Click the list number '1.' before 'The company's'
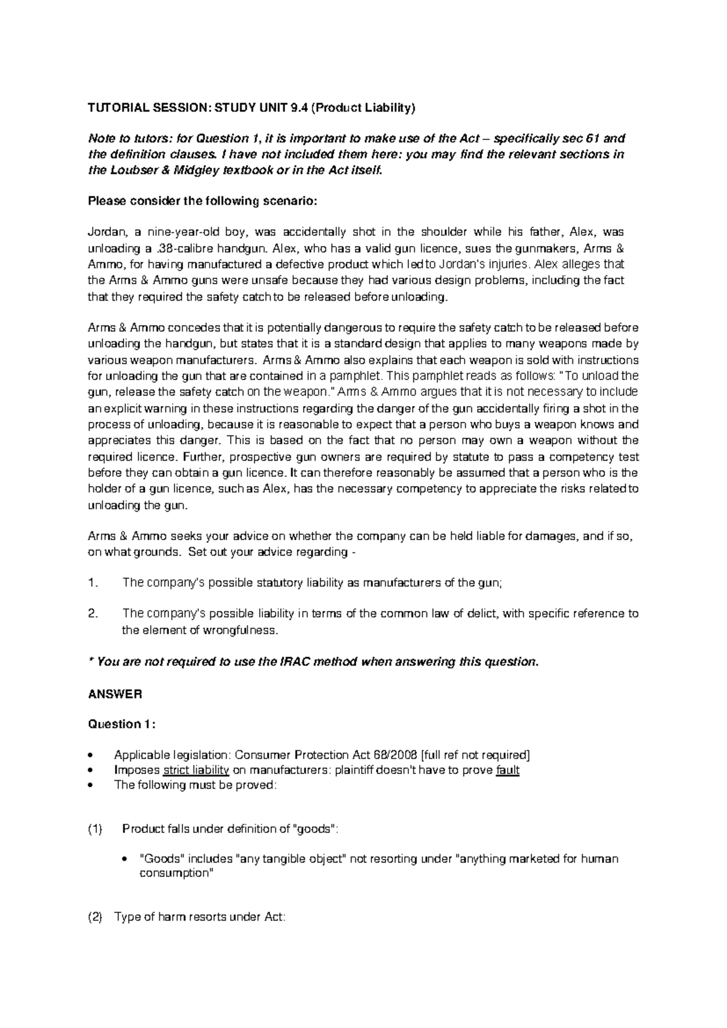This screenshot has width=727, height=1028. [x=93, y=583]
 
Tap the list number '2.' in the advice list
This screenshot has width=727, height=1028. [x=93, y=613]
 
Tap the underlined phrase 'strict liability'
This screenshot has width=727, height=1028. [x=196, y=770]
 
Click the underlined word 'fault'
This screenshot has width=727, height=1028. [x=507, y=770]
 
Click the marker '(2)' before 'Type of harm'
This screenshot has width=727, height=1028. [x=96, y=918]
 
